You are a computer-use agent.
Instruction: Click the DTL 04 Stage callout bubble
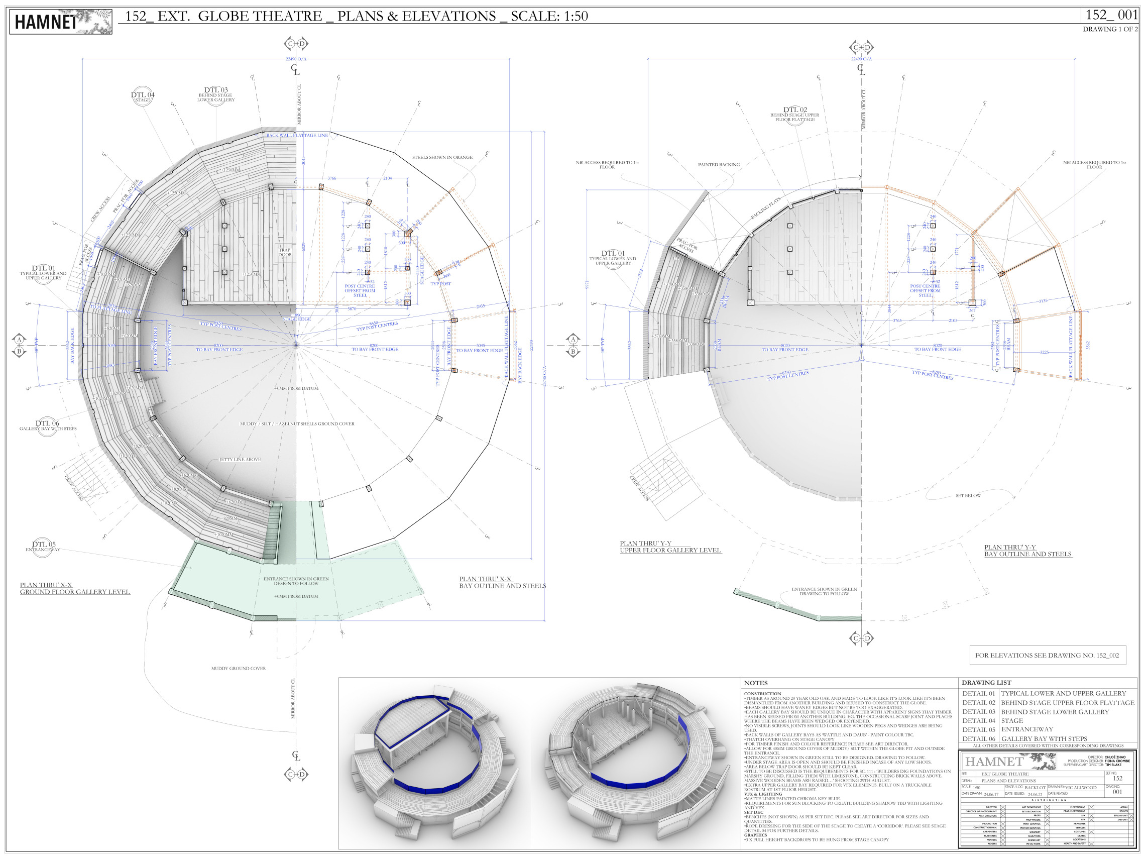[143, 97]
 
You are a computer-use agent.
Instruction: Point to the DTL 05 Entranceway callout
[44, 547]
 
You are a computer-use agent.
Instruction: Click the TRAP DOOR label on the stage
[284, 252]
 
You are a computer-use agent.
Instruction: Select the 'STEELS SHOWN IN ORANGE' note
[442, 157]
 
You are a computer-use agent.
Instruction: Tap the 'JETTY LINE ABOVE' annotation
[240, 460]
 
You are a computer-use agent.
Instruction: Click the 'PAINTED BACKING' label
[719, 165]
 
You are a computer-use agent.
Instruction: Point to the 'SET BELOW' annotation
[968, 496]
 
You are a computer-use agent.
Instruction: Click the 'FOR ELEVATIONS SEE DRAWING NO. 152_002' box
[1047, 656]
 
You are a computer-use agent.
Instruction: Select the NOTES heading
[755, 683]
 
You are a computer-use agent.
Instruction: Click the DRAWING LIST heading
[986, 683]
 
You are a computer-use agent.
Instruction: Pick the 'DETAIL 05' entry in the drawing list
[979, 729]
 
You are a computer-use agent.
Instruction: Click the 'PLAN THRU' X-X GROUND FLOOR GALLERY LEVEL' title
[75, 589]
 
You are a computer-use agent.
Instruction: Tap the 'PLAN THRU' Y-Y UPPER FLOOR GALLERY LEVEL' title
[670, 547]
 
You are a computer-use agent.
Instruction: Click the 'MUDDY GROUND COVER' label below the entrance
[239, 668]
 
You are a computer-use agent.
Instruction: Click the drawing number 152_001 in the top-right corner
[1111, 15]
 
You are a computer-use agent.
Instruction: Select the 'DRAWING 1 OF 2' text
[1110, 30]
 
